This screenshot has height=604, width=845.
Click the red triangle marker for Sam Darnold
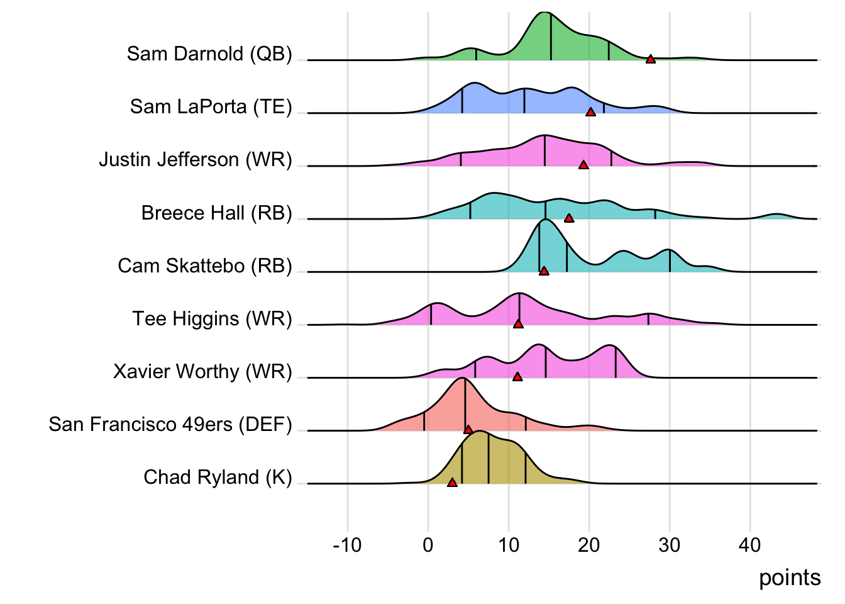coord(650,59)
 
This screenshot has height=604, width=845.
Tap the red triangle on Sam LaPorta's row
coord(590,112)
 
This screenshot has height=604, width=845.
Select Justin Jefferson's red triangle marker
coord(583,165)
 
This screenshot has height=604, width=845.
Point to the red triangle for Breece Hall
coord(569,218)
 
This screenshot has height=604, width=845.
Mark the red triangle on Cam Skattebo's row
coord(544,271)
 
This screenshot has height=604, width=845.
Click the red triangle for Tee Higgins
coord(518,324)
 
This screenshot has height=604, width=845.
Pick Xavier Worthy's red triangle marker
coord(517,377)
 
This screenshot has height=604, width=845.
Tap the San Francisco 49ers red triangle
coord(468,430)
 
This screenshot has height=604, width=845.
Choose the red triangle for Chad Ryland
coord(452,483)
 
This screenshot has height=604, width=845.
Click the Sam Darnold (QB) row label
coord(209,54)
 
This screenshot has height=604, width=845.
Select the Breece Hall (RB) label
coord(216,213)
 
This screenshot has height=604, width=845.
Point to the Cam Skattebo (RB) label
coord(205,266)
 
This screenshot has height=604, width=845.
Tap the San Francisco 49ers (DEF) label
coord(170,425)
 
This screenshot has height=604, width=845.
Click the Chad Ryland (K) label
coord(218,478)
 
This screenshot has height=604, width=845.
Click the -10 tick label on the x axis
coord(347,545)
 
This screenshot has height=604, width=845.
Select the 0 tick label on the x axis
coord(428,545)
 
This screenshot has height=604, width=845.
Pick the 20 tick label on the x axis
coord(589,545)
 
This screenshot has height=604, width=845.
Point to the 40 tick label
coord(750,545)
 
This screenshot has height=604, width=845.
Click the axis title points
coord(790,578)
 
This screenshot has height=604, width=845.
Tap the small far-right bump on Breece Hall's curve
coord(777,216)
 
